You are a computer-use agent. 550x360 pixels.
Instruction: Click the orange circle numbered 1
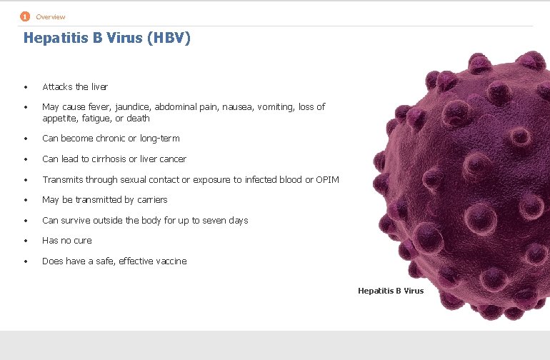pos(25,16)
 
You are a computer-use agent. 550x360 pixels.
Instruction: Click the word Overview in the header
pos(51,17)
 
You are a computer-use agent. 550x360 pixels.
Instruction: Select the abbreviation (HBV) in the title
pos(169,39)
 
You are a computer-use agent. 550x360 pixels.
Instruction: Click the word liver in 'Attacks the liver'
pos(99,87)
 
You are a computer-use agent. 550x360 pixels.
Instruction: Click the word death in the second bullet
pos(137,119)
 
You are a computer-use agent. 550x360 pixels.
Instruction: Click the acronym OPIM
pos(327,179)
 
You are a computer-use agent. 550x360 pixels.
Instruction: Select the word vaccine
pos(170,261)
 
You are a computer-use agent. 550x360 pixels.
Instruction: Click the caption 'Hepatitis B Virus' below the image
pos(390,291)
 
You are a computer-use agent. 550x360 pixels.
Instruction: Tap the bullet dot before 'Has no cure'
pos(25,241)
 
